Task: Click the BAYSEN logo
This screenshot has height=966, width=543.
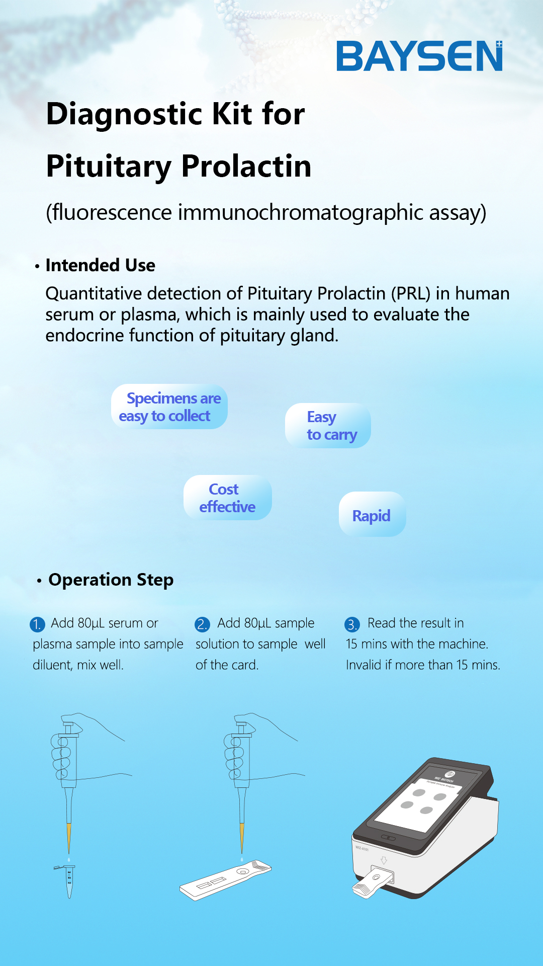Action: (x=419, y=56)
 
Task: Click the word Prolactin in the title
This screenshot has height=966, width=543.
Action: (x=246, y=166)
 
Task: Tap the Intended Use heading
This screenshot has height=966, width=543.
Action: (x=101, y=265)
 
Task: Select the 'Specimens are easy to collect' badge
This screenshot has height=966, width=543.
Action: (x=169, y=407)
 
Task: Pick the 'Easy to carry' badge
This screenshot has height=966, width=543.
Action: (x=328, y=426)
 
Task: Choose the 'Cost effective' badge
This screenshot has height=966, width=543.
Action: (x=228, y=498)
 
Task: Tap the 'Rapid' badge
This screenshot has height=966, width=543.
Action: (x=372, y=514)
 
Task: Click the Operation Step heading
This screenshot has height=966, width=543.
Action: (x=111, y=580)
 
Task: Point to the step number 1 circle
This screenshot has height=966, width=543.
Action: (x=37, y=624)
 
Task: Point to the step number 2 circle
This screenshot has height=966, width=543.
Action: (x=202, y=624)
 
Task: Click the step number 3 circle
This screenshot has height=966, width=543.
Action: (x=352, y=624)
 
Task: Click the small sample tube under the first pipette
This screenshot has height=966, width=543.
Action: (x=68, y=881)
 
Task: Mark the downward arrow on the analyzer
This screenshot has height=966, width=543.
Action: (x=384, y=860)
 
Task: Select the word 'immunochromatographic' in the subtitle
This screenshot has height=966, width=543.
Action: (x=301, y=212)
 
